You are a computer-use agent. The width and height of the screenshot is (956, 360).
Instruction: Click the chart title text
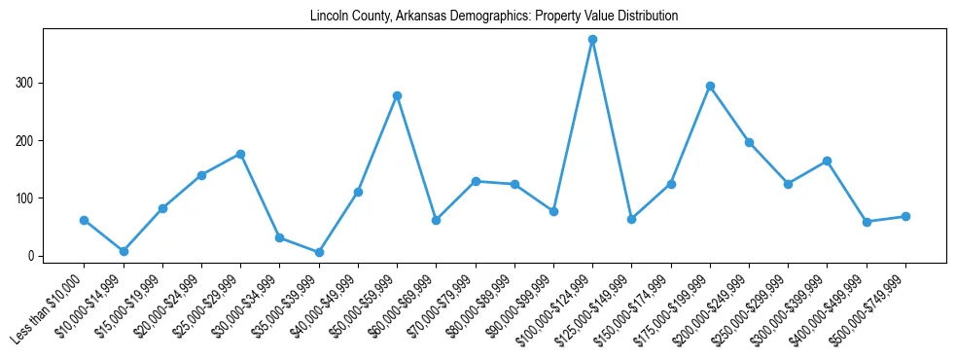coord(494,17)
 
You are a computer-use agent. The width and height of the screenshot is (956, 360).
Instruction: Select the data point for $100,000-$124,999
coord(592,40)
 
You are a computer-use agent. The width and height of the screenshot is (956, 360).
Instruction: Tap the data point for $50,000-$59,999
coord(397,95)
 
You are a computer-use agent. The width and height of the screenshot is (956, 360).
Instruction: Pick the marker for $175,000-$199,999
coord(710,86)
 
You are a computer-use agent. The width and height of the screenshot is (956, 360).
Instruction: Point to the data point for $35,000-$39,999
coord(319,252)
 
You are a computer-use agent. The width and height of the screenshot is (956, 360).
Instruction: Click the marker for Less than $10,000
coord(85,220)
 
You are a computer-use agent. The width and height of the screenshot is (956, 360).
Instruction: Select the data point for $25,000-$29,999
coord(240,154)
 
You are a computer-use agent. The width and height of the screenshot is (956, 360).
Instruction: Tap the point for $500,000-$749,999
coord(905,216)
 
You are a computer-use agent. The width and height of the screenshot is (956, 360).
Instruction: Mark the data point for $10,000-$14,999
coord(124,251)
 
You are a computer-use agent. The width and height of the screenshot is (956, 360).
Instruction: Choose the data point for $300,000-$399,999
coord(827,161)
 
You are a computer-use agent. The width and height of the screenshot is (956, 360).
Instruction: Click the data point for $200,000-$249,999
coord(749,142)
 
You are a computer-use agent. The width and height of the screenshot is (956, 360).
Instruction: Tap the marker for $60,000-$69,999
coord(436,220)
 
